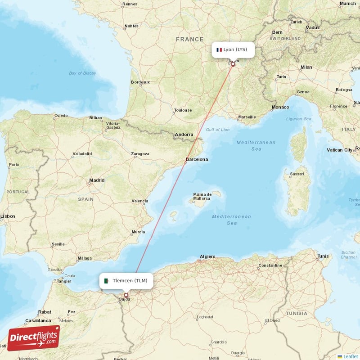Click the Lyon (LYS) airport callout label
233,49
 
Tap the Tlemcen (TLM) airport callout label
126,281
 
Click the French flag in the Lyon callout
220,49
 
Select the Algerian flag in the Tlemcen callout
107,281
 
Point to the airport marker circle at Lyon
233,64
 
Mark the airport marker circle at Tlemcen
126,295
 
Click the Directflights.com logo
34,338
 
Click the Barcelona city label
197,159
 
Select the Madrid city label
97,180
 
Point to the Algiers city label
207,256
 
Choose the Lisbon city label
8,216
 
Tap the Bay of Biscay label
83,73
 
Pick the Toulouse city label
183,110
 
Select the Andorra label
184,134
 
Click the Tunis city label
323,256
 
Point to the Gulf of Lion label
218,130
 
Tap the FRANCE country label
190,40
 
